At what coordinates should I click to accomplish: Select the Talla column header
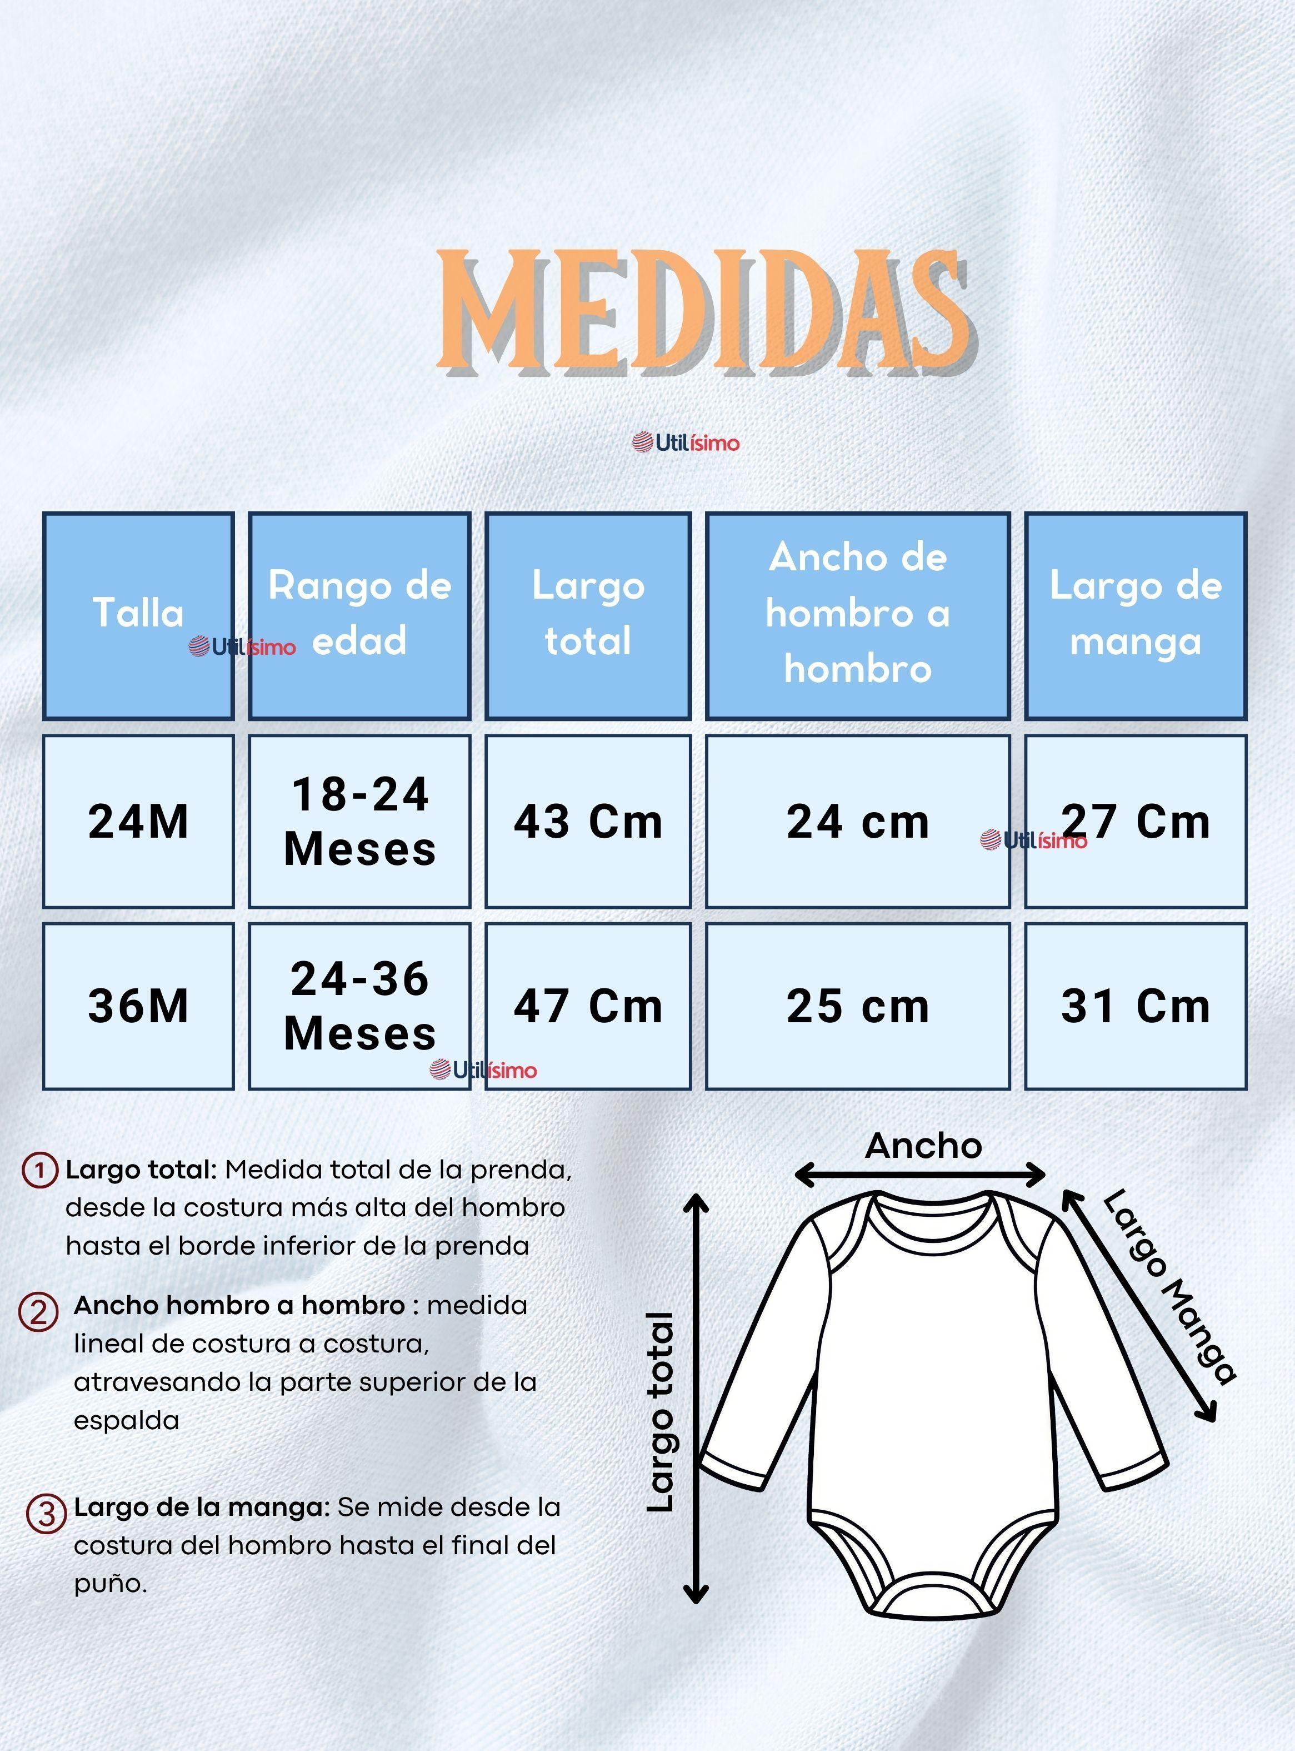pos(138,615)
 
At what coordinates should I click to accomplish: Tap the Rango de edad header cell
pos(360,615)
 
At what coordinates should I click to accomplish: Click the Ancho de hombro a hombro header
pos(858,615)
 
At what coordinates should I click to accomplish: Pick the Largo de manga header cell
pos(1135,615)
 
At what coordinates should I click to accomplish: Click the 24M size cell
pos(138,821)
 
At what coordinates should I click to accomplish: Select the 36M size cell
pos(138,1006)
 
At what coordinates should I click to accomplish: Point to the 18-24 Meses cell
pos(360,821)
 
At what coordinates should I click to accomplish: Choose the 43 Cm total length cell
pos(588,821)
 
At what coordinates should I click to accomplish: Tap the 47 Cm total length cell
pos(588,1006)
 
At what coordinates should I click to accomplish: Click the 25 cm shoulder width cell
pos(858,1006)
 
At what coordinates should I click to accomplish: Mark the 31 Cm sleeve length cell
pos(1135,1006)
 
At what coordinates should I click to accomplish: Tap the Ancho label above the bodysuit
pos(923,1146)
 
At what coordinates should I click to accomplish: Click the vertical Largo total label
pos(661,1411)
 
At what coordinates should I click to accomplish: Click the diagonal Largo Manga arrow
pos(1137,1306)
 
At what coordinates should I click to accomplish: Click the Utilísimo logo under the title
pos(686,443)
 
